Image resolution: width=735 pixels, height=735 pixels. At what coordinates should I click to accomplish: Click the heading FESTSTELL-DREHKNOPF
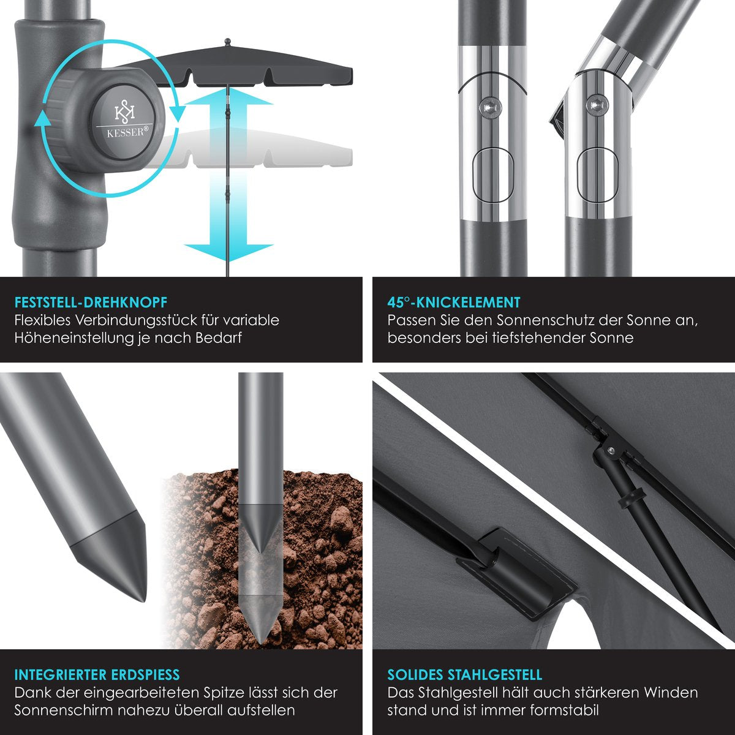pos(91,303)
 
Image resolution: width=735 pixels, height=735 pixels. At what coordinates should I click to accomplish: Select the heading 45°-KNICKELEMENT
pos(453,303)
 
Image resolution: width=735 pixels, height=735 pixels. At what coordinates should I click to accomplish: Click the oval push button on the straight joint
pos(491,175)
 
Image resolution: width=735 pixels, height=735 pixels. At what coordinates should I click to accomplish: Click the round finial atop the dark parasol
pos(228,41)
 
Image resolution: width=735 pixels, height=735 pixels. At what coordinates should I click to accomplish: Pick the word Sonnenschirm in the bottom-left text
pos(64,710)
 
